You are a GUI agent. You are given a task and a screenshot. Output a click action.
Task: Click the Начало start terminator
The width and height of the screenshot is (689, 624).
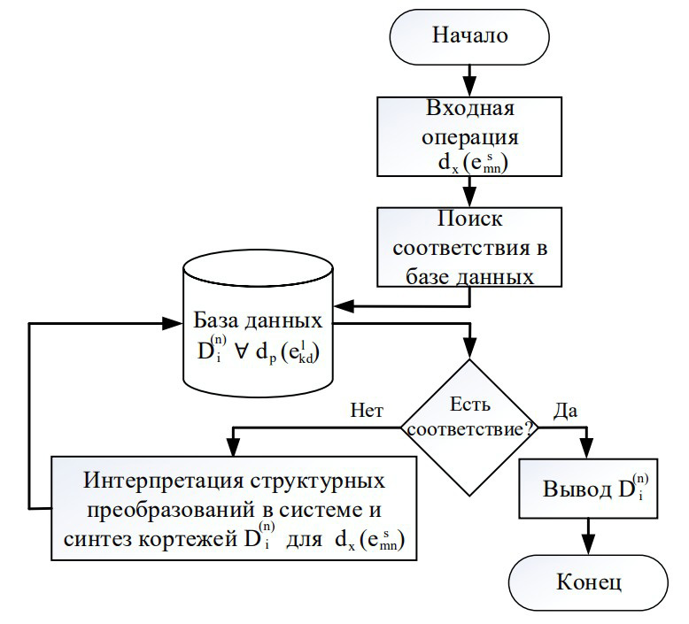pyautogui.click(x=469, y=36)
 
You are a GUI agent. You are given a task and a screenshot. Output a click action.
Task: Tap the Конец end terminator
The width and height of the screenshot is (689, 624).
pyautogui.click(x=588, y=582)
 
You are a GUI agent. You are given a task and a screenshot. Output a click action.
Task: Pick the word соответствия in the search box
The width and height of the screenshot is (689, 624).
pyautogui.click(x=449, y=248)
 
